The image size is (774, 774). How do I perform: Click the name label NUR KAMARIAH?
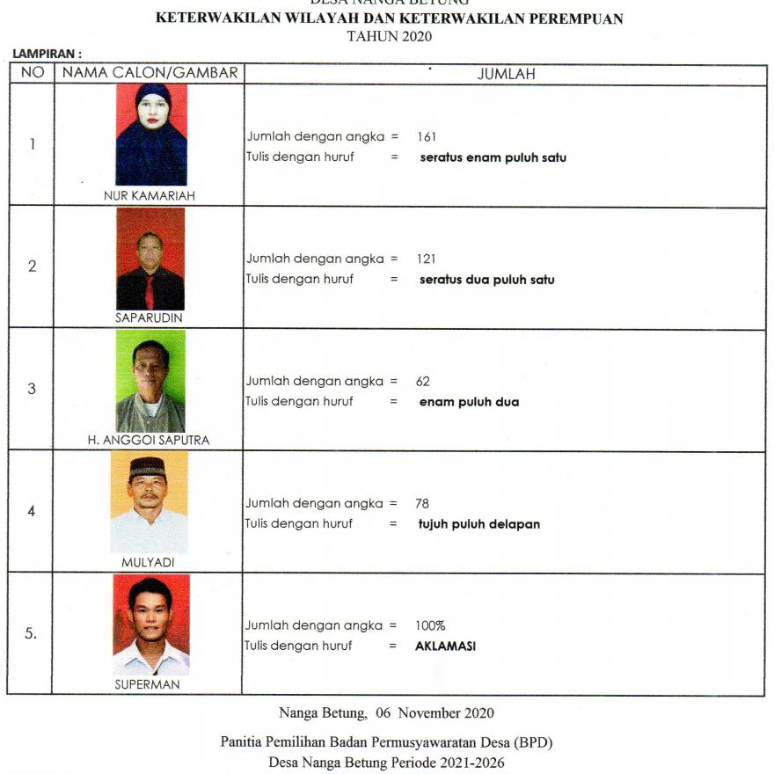150,196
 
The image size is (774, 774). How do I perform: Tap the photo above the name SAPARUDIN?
150,259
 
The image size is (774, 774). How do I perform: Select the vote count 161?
427,137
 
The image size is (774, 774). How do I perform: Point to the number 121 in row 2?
427,259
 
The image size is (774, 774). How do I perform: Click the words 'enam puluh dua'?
469,402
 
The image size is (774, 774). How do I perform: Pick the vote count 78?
421,504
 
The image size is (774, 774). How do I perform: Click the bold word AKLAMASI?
446,646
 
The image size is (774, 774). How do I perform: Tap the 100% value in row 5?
430,626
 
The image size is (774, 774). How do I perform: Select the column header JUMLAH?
506,75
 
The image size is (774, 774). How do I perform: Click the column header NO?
33,74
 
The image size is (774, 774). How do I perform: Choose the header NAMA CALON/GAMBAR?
149,74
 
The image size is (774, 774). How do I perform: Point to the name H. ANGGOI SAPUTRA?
149,441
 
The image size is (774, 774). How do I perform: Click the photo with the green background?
150,381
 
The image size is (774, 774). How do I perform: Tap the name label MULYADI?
149,562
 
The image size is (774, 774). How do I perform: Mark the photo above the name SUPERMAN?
150,624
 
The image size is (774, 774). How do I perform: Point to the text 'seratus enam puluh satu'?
493,158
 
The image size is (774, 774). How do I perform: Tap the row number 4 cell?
33,510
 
